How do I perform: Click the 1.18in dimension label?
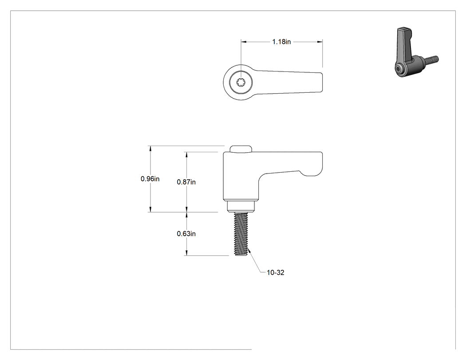[281, 42]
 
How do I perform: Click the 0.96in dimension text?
[150, 178]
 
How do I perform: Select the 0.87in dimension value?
[186, 182]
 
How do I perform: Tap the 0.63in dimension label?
[186, 233]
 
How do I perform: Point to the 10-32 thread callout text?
[276, 273]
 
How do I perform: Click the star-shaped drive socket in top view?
[241, 83]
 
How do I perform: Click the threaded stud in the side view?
[241, 233]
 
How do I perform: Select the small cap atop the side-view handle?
[241, 149]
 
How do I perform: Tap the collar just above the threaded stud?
[241, 206]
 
